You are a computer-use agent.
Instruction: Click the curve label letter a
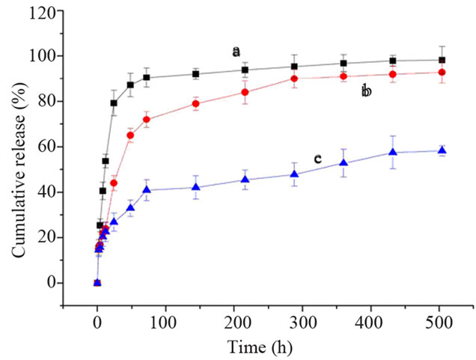237,52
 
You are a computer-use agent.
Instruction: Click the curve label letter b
366,91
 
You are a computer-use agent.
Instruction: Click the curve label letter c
317,159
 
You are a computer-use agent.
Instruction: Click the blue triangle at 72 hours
147,189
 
